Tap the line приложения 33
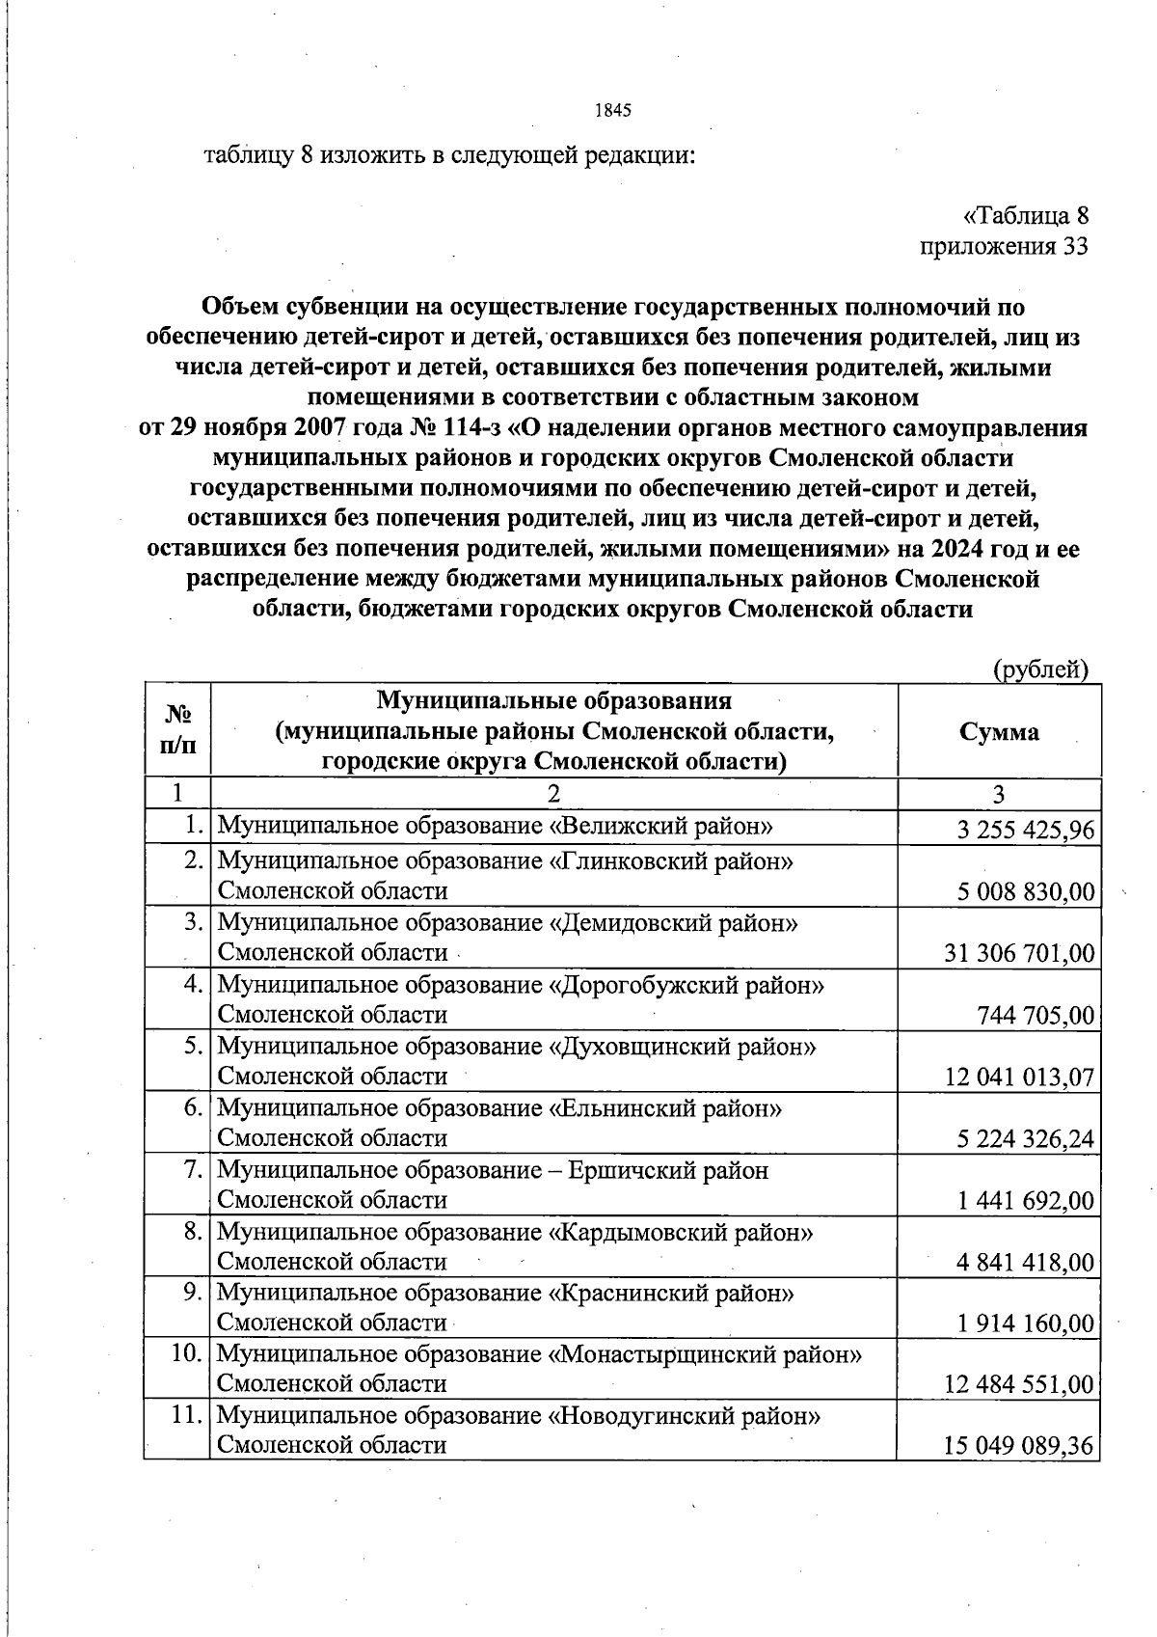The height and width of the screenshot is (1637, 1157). click(1004, 247)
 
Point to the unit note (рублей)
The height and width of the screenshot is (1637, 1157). click(1040, 669)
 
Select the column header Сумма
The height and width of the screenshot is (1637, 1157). click(999, 731)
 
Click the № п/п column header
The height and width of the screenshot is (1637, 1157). click(177, 730)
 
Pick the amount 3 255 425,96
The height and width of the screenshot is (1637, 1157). click(1026, 830)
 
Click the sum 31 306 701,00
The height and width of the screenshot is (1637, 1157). click(1020, 954)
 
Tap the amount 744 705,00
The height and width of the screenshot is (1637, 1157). click(1036, 1015)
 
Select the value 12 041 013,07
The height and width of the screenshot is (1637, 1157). click(1020, 1077)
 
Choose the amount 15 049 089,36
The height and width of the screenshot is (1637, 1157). click(1020, 1446)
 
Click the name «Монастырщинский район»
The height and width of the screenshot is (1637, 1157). click(705, 1354)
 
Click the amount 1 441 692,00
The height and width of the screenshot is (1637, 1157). click(1026, 1201)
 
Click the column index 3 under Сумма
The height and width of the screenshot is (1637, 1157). click(999, 794)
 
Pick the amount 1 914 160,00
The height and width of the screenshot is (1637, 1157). click(1026, 1323)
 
